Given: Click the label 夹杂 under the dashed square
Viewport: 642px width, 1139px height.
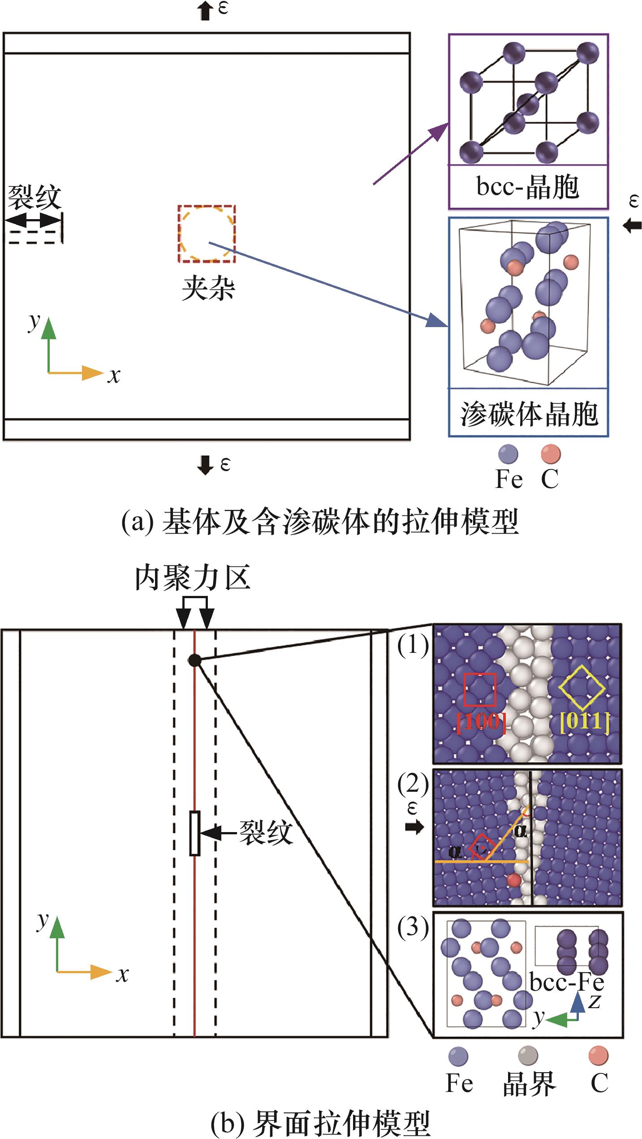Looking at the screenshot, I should pos(208,289).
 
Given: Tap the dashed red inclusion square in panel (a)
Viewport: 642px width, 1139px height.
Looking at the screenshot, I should pos(207,233).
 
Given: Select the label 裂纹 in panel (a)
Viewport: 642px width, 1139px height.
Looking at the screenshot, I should pos(34,198).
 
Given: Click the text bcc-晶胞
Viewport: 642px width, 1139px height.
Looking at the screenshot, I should pos(528,187).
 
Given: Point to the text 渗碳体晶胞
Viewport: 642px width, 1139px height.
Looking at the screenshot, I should pos(529,414).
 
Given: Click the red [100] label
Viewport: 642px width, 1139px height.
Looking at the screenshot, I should pos(481,722).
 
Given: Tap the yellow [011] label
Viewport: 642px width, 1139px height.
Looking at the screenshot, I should pos(585,721).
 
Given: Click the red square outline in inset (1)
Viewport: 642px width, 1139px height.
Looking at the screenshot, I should pos(480,689).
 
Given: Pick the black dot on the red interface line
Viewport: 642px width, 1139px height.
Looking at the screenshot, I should pos(194,660).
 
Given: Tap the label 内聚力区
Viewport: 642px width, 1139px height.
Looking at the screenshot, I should pos(193,578).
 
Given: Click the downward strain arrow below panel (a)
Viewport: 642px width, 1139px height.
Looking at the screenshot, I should pos(205,465).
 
